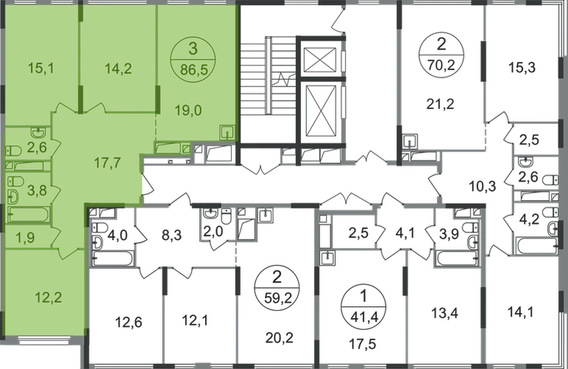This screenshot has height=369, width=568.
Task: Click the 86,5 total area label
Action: tap(194, 69)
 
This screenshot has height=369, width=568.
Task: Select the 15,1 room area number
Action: tap(41, 68)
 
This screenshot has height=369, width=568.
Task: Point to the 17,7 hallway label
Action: tap(108, 163)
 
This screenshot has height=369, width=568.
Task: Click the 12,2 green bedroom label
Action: tap(48, 297)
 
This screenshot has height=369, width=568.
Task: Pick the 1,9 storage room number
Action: tap(25, 238)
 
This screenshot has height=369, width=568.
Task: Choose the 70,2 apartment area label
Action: tap(441, 66)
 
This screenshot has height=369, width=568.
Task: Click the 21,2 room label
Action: tap(440, 104)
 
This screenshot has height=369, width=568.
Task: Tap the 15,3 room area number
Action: tap(522, 67)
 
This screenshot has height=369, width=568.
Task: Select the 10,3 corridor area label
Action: tap(482, 187)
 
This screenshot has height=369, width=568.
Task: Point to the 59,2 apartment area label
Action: tap(277, 300)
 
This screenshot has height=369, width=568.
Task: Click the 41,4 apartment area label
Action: tap(364, 318)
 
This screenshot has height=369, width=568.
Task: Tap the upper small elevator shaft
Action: tap(319, 60)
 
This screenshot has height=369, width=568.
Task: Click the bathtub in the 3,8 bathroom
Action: tap(28, 214)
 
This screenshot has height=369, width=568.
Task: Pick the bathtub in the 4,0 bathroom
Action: tap(112, 258)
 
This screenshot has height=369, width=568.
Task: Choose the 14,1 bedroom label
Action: tap(520, 311)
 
